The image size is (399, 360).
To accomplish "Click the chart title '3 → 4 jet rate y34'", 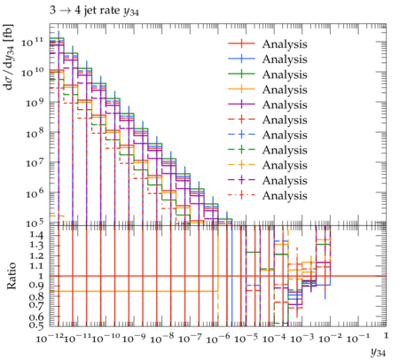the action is tap(94, 11).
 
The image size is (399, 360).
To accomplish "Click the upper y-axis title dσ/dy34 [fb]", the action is tap(9, 57).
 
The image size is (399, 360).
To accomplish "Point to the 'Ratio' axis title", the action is tap(12, 276).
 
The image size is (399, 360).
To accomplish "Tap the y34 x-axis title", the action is tap(379, 352).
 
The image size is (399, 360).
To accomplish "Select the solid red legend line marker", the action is tap(241, 43).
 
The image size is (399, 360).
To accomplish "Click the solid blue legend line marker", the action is tap(241, 59).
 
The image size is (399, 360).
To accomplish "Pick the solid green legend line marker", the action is tap(241, 74).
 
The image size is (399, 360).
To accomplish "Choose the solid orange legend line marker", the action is tap(241, 89).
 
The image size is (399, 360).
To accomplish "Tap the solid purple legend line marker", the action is tap(241, 105).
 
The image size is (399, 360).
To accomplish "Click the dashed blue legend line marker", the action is tap(241, 135).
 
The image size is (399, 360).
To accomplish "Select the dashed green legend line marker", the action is tap(241, 150).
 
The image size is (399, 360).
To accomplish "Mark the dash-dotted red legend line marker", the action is tap(241, 195).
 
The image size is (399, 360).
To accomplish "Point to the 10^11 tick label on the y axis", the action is tap(33, 42).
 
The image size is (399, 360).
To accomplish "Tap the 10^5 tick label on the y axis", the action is tap(34, 223).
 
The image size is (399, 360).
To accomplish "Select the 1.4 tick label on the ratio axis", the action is tap(37, 235).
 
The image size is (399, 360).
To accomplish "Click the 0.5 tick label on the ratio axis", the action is tap(37, 325).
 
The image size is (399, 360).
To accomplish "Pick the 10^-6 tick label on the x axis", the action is tap(219, 339).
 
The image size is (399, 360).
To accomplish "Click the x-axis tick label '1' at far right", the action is tap(386, 336).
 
